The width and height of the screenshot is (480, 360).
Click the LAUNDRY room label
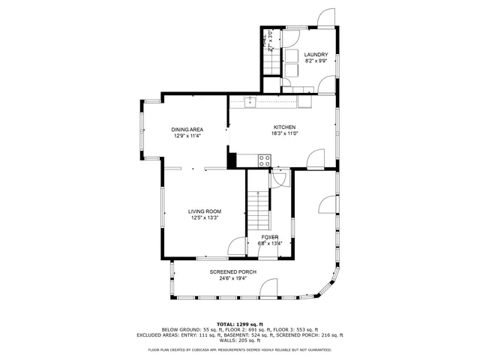point(316,54)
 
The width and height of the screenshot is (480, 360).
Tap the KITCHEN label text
point(285,127)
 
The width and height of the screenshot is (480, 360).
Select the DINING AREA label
point(187,130)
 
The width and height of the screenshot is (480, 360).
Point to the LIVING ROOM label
point(204,211)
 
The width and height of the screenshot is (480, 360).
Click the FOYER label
point(270,237)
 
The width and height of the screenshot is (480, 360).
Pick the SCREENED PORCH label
point(233,271)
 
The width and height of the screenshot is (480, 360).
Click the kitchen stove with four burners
point(265,159)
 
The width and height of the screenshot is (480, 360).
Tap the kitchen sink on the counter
point(250,101)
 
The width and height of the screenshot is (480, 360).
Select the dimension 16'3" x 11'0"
point(285,134)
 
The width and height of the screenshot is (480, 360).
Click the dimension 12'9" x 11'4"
point(187,136)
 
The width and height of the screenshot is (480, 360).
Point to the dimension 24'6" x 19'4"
point(233,278)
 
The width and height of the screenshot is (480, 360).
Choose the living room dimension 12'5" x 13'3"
point(204,218)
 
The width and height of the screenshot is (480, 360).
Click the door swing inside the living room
point(237,245)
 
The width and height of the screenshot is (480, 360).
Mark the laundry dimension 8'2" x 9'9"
point(316,61)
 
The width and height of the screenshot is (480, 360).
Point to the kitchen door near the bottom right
point(316,157)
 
